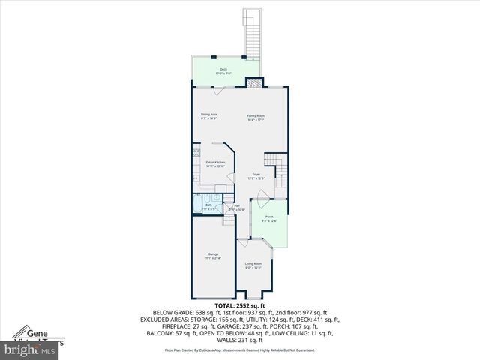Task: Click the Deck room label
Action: point(223,70)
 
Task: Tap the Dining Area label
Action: point(208,116)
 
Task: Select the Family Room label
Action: point(256,117)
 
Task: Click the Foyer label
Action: point(256,176)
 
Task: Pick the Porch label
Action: point(269,218)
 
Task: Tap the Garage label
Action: point(214,256)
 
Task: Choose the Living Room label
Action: point(253,265)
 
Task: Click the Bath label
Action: point(209,206)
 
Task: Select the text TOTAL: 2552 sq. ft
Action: point(240,306)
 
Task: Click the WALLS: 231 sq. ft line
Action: point(240,339)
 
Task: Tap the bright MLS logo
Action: point(29,349)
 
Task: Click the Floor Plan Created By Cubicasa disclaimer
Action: point(240,349)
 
